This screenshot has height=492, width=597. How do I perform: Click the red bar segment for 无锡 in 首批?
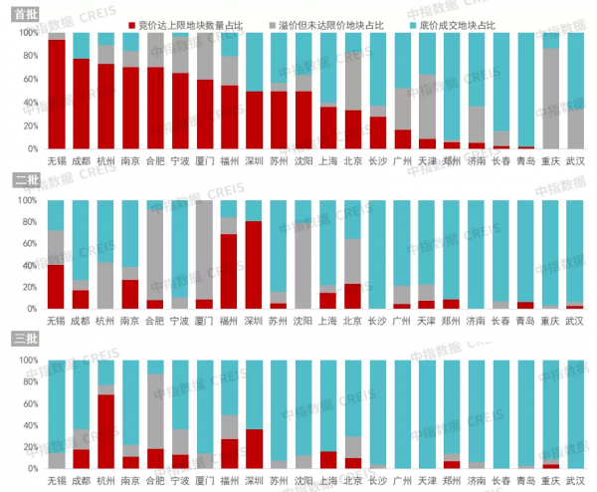[x=57, y=95]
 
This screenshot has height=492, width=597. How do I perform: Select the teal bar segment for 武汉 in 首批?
[x=575, y=70]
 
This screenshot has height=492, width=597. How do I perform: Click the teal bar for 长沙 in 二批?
[x=377, y=254]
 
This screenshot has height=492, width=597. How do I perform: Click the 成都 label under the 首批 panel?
[x=82, y=157]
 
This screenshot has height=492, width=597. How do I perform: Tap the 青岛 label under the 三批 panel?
[x=525, y=481]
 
